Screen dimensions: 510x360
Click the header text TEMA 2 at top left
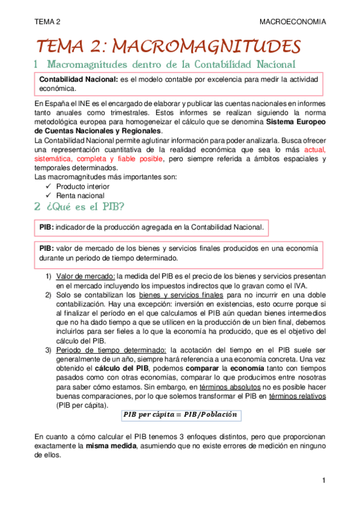tap(47, 22)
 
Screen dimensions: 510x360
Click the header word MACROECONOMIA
tap(293, 22)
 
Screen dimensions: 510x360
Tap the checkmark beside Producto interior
tap(49, 186)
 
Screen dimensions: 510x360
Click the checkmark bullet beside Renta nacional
tap(49, 195)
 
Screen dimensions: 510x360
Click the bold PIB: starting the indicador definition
tap(47, 227)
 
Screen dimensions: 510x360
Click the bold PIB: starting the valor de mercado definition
tap(47, 248)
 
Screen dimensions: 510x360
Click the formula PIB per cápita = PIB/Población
tap(180, 415)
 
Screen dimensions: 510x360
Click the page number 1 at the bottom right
tap(323, 481)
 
